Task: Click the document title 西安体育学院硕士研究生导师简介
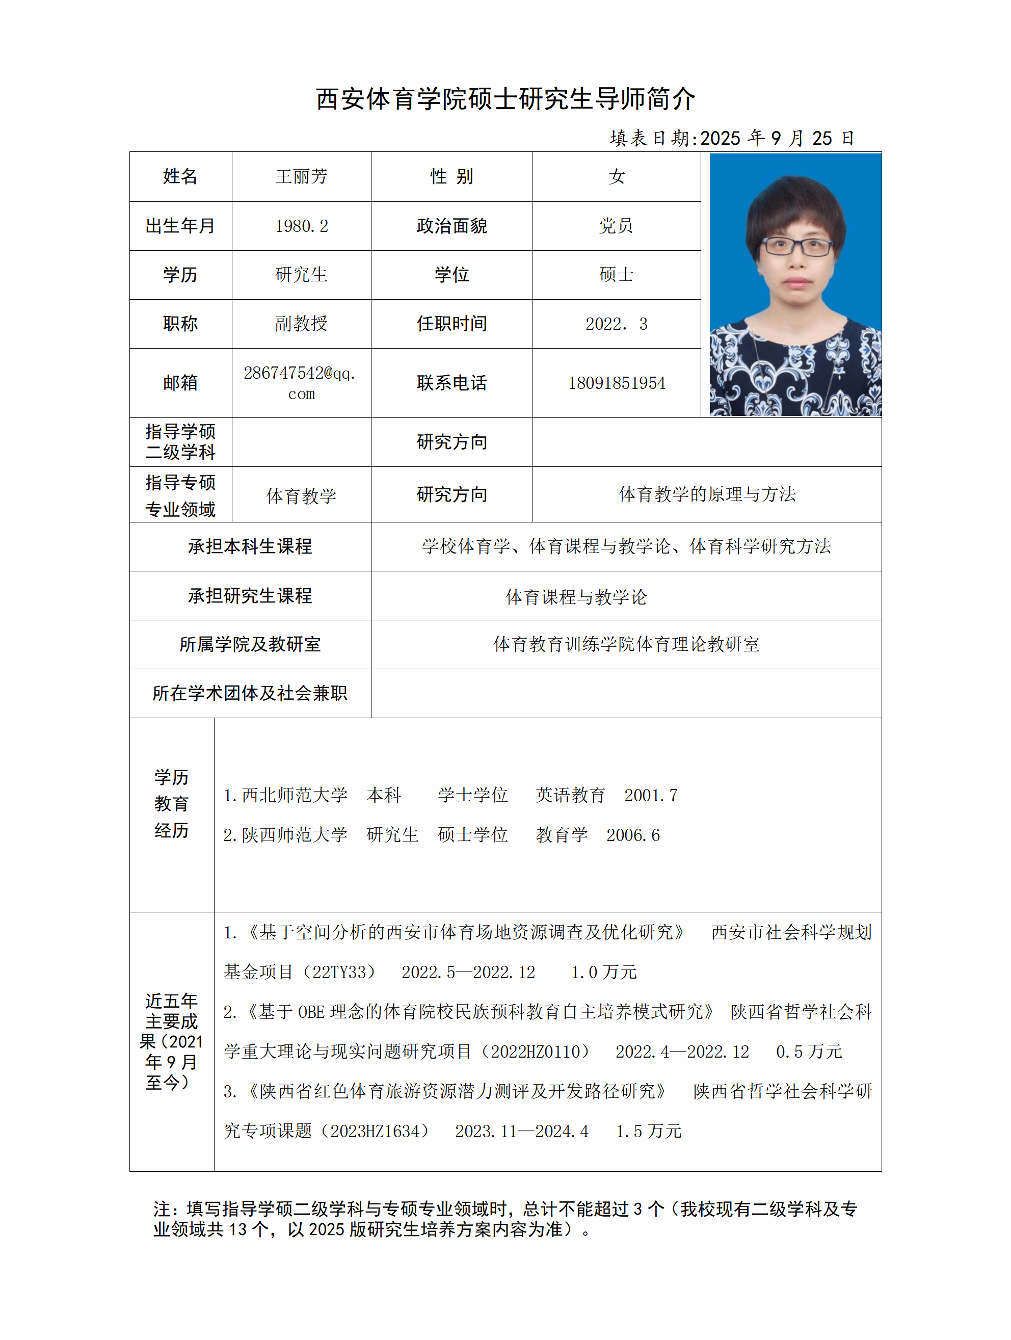tap(505, 99)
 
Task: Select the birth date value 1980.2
tap(301, 226)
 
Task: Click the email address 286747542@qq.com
tap(301, 383)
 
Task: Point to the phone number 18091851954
tap(616, 383)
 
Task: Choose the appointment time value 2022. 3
tap(616, 324)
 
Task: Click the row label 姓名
tap(180, 176)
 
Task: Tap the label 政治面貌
tap(451, 226)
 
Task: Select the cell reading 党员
tap(616, 226)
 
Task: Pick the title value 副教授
tap(301, 324)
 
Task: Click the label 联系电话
tap(451, 383)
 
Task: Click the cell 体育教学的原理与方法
tap(706, 494)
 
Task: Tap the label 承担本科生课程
tap(250, 546)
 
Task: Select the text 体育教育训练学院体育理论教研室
tap(626, 644)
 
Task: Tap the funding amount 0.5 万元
tap(808, 1052)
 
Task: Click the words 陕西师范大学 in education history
tap(295, 835)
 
